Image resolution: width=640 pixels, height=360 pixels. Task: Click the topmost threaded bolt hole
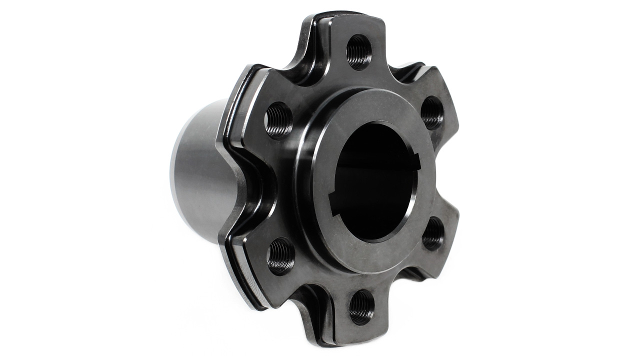point(358,51)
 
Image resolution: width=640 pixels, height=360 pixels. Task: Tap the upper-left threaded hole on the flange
point(278,120)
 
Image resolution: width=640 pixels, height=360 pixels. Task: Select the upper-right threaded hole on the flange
point(431,113)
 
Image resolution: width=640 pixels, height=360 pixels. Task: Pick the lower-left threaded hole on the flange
point(281,255)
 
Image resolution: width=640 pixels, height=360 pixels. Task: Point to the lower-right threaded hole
point(432,233)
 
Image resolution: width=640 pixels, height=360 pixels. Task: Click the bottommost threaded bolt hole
point(361,306)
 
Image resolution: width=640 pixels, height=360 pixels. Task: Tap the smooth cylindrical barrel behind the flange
point(197,170)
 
